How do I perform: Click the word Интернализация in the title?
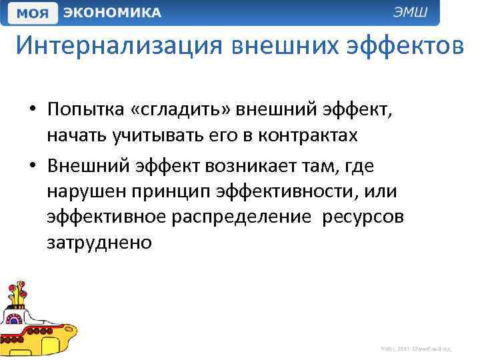119,46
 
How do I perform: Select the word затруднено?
99,244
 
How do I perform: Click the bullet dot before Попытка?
33,109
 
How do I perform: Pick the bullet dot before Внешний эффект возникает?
33,164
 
